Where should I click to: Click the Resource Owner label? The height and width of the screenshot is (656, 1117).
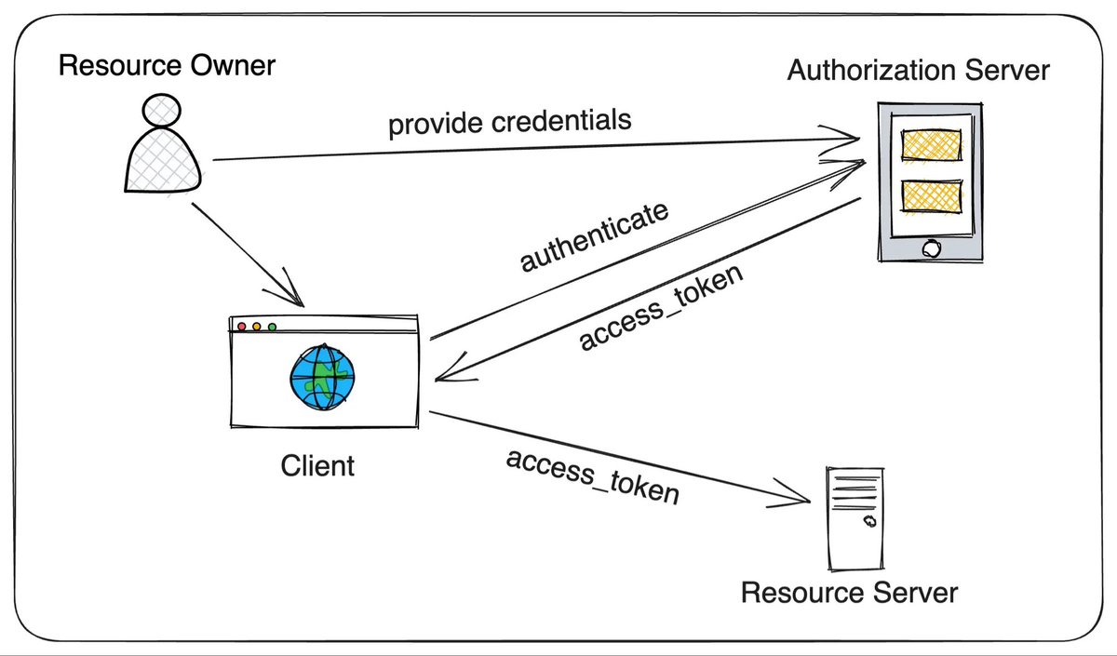tap(167, 65)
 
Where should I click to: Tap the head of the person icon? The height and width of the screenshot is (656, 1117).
tap(162, 111)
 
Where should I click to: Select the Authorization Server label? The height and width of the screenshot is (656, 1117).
tap(919, 70)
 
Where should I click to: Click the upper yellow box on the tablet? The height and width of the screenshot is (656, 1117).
tap(932, 145)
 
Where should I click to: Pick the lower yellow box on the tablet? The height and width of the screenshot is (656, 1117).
tap(932, 196)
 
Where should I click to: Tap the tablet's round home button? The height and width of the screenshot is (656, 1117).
tap(931, 248)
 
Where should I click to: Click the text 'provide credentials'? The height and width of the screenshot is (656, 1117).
tap(510, 122)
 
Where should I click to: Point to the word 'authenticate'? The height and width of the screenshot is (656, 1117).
tap(594, 236)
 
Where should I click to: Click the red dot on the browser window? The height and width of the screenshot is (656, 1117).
tap(242, 327)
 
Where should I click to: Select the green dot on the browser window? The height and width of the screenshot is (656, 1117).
tap(272, 327)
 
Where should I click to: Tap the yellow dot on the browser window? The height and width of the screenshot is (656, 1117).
tap(257, 327)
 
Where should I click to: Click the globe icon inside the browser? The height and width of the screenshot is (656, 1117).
tap(323, 377)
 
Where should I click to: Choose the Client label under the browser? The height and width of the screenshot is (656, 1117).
tap(317, 466)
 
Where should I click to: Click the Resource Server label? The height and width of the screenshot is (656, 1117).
tap(849, 593)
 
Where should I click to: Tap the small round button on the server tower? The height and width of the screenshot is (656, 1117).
tap(870, 521)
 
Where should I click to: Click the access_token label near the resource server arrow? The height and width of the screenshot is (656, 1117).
tap(593, 477)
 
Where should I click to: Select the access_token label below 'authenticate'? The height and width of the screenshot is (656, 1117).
tap(661, 307)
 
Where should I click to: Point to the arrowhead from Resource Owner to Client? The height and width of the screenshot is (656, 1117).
tap(289, 291)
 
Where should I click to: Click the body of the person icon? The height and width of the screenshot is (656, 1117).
tap(163, 161)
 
